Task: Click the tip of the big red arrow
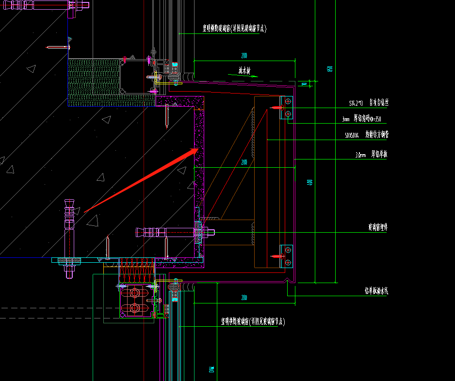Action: pyautogui.click(x=198, y=150)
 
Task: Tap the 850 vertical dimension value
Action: pyautogui.click(x=330, y=68)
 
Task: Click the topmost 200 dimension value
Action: pyautogui.click(x=244, y=56)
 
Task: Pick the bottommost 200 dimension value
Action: pyautogui.click(x=244, y=298)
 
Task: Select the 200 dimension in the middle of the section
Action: pyautogui.click(x=244, y=162)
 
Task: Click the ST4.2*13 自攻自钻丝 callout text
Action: pyautogui.click(x=369, y=103)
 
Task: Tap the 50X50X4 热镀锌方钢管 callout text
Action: pyautogui.click(x=367, y=135)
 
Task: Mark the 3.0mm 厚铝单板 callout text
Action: pyautogui.click(x=371, y=155)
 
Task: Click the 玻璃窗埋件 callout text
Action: pyautogui.click(x=378, y=226)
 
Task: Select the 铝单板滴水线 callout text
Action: pyautogui.click(x=376, y=291)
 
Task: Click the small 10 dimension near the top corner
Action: pyautogui.click(x=305, y=84)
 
